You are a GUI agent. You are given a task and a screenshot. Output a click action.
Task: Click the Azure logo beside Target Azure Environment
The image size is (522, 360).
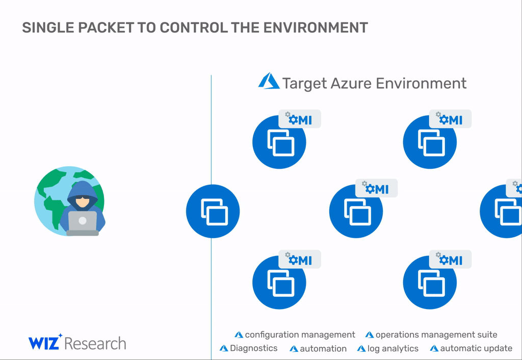(269, 81)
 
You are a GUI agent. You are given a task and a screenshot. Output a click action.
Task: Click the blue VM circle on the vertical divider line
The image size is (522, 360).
(213, 211)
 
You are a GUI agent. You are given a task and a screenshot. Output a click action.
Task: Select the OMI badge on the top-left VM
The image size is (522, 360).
(300, 119)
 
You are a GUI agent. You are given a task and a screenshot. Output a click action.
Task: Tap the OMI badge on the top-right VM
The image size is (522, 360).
(450, 119)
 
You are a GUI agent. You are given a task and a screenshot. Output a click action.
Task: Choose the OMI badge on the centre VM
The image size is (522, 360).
(376, 189)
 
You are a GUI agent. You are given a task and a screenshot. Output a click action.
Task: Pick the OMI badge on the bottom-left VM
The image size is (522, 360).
(300, 260)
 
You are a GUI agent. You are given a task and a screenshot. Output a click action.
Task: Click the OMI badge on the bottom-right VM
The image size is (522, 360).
(450, 260)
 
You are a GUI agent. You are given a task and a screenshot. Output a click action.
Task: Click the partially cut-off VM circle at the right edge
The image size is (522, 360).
(502, 211)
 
